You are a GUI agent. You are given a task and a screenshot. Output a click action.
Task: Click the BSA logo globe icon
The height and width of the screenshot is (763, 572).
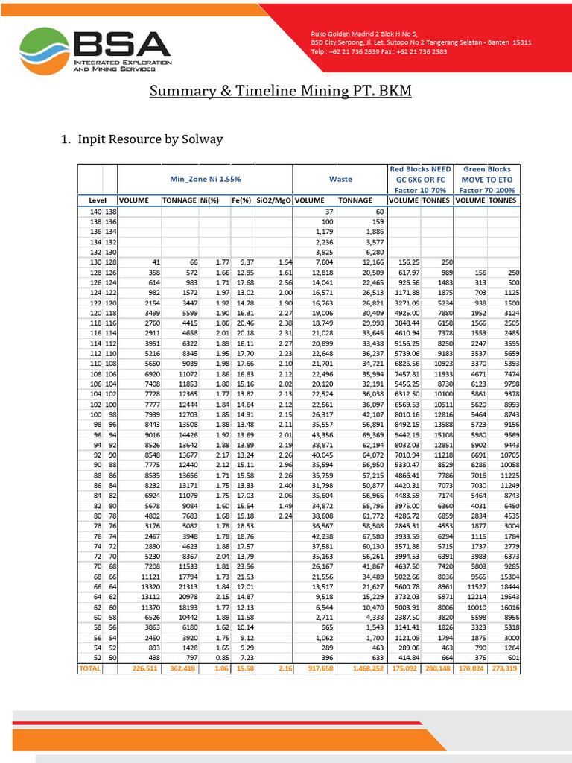point(44,51)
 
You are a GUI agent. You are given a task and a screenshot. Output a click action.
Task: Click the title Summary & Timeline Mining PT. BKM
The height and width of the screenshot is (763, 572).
point(280,92)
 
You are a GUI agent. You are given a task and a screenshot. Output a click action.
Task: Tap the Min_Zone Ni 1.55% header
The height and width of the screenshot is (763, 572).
point(205,179)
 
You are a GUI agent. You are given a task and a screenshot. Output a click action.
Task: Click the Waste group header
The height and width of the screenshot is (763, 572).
point(340,179)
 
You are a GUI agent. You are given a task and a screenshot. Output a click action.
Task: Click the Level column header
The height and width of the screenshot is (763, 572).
point(98,200)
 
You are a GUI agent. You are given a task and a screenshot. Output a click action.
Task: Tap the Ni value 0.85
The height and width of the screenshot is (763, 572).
point(221,658)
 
